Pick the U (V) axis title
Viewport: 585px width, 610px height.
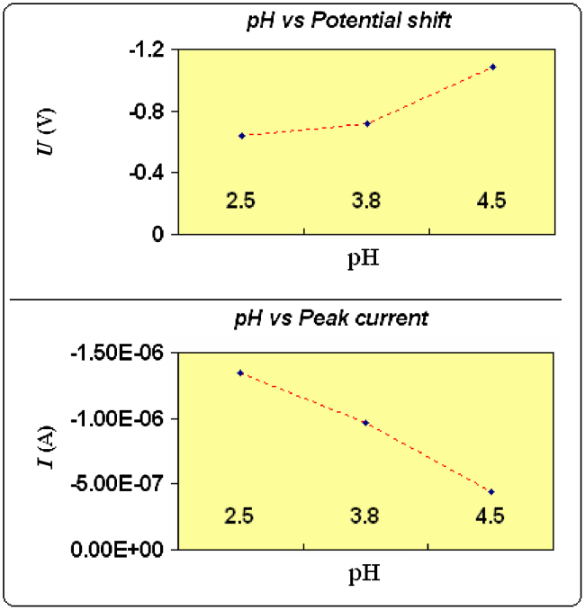click(41, 141)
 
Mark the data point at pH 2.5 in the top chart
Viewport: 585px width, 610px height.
click(242, 136)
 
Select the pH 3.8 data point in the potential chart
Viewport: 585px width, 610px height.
click(366, 123)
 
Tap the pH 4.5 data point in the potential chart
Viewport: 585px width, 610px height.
click(492, 67)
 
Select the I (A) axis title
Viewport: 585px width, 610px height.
click(41, 450)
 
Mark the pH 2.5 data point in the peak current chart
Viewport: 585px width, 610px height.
click(240, 372)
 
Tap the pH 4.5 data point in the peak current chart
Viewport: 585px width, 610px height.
click(491, 491)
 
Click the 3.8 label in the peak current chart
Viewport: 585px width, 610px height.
click(366, 516)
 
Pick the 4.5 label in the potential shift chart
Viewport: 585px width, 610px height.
click(491, 201)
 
